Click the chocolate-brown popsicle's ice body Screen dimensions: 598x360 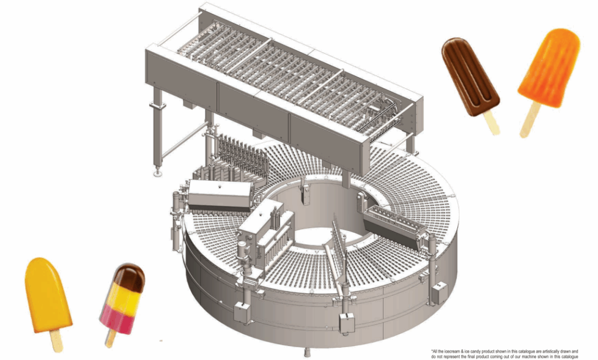tap(470, 77)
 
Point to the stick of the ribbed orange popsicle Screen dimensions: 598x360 tap(530, 120)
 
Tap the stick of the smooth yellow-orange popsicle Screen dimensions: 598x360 tap(57, 341)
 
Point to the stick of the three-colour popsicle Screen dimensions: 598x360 tap(110, 339)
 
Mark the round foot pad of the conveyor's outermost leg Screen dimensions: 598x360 tap(157, 174)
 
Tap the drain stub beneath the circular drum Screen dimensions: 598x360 tap(306, 352)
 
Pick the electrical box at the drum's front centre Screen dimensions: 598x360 tap(347, 321)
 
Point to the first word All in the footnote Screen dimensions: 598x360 tap(434, 351)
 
